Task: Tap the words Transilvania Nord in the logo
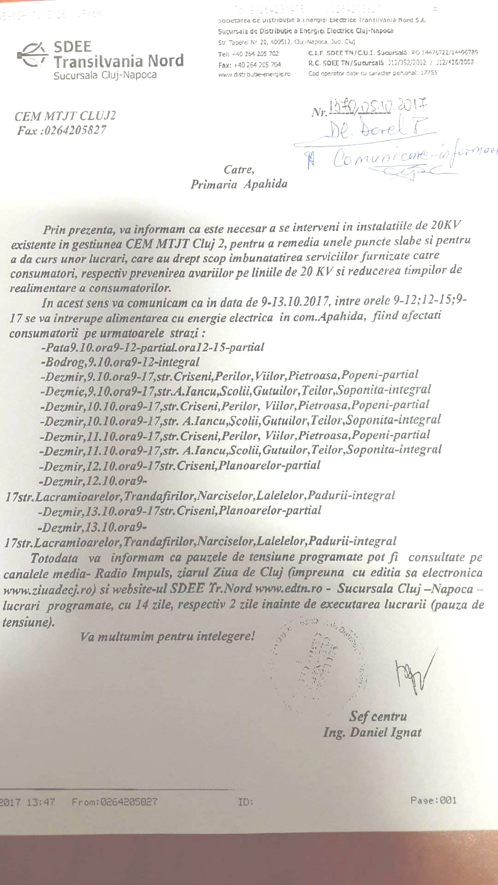(119, 61)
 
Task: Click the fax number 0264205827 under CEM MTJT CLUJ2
(76, 130)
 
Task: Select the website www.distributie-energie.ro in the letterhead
(254, 74)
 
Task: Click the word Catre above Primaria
(238, 170)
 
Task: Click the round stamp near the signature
(318, 659)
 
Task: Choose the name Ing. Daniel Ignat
(372, 732)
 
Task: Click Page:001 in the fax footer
(433, 800)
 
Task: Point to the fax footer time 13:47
(41, 802)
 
